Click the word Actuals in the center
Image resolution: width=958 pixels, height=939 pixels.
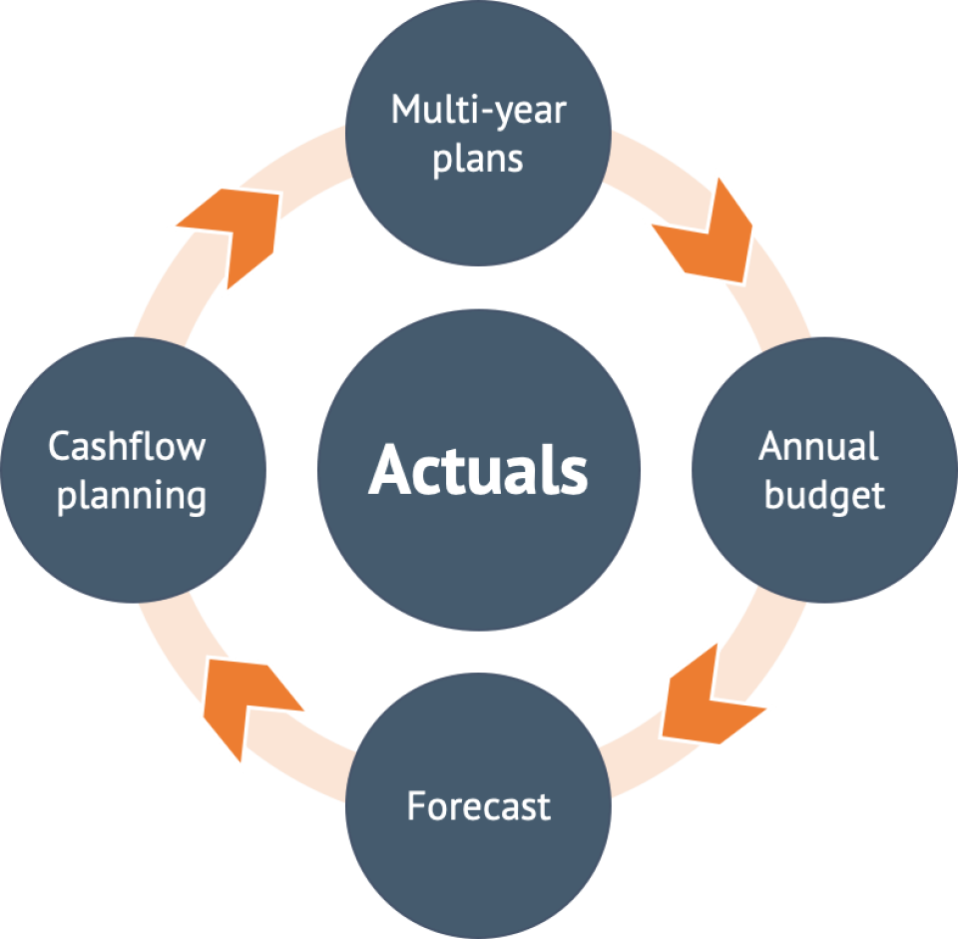[478, 469]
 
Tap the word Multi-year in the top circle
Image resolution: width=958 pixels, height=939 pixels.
[478, 111]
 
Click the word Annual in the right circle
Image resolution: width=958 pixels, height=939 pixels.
[818, 446]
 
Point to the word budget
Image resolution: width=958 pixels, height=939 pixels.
[824, 495]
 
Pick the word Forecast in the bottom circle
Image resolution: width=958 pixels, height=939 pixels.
[478, 805]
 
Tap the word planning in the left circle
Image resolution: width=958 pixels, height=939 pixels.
[132, 496]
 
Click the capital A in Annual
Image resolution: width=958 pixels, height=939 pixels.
[771, 446]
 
